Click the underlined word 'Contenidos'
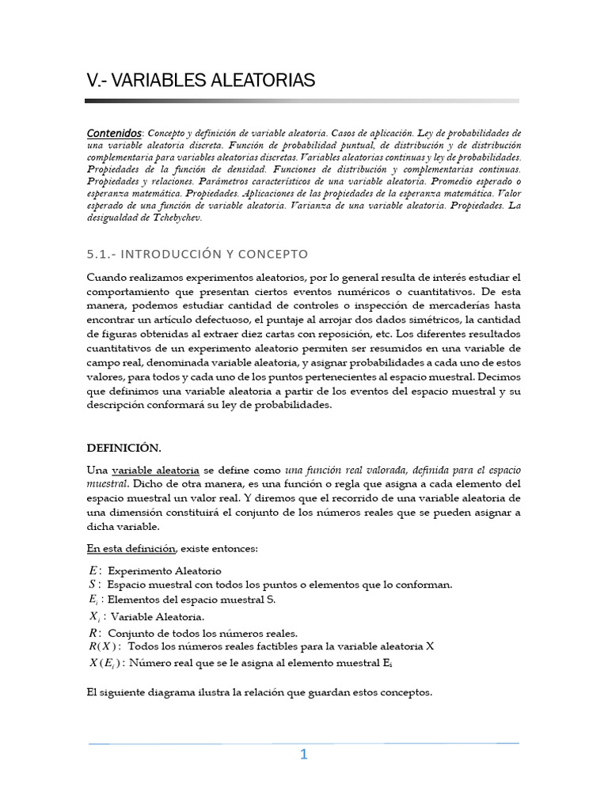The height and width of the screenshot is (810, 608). (x=114, y=133)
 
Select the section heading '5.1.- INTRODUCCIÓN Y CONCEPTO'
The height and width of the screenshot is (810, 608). (x=196, y=254)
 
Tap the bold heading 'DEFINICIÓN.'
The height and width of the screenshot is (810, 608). (x=123, y=447)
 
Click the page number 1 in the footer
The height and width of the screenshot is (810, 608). (x=303, y=755)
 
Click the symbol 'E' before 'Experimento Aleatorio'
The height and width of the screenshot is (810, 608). (x=93, y=570)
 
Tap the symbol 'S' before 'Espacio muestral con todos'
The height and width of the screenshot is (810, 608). (x=93, y=585)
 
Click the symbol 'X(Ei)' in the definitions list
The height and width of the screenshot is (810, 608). (x=106, y=662)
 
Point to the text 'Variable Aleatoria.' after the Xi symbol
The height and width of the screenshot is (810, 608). (x=158, y=616)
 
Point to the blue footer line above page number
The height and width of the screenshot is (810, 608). (x=303, y=743)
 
